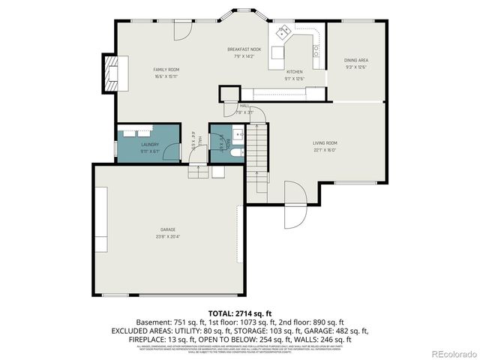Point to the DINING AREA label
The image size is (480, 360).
point(356,60)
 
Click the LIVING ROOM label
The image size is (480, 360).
point(325,142)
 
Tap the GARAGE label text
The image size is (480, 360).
point(168,229)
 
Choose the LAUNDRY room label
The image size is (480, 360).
point(150,144)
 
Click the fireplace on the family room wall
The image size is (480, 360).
point(112,73)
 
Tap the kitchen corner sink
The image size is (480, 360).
point(285,32)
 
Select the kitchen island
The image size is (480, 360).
point(279,54)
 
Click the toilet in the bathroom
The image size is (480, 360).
point(234,152)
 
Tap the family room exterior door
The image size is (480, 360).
point(182,31)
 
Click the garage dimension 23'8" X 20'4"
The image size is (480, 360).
point(168,236)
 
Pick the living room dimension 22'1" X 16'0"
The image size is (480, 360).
point(325,149)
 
